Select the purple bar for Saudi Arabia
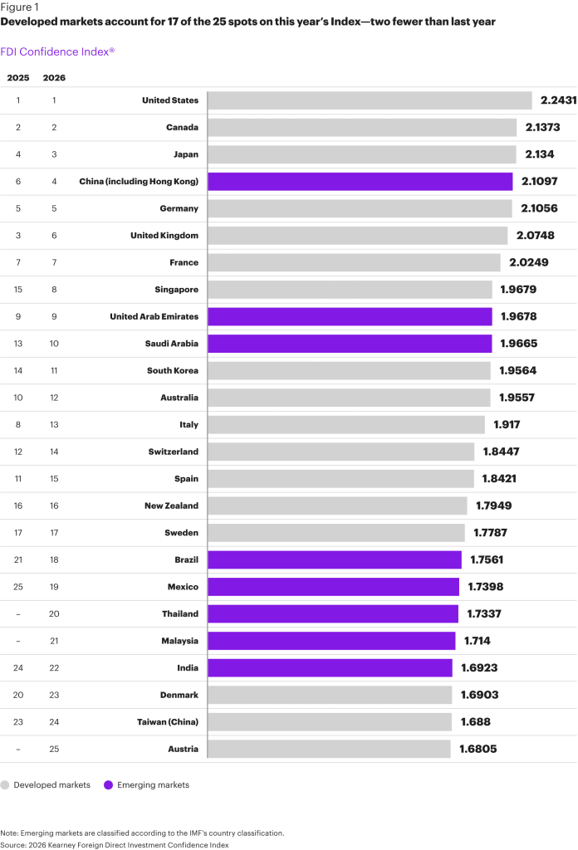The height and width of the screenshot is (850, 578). (349, 344)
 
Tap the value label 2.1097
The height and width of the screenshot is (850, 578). (544, 182)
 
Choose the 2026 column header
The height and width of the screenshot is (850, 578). (54, 78)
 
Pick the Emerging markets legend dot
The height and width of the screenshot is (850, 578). (109, 784)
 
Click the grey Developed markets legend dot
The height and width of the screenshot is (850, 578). (6, 784)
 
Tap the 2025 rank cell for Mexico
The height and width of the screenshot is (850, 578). (17, 587)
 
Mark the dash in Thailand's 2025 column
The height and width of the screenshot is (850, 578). (17, 614)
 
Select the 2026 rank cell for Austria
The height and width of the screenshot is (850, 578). (54, 749)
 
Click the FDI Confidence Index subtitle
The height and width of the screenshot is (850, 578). (57, 51)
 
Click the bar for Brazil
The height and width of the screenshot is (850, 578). (334, 559)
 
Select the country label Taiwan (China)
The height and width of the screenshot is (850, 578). (167, 722)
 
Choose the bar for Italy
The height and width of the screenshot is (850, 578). (345, 425)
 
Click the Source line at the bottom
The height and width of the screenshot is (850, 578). (114, 844)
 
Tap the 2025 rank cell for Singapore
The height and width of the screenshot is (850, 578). (17, 290)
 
